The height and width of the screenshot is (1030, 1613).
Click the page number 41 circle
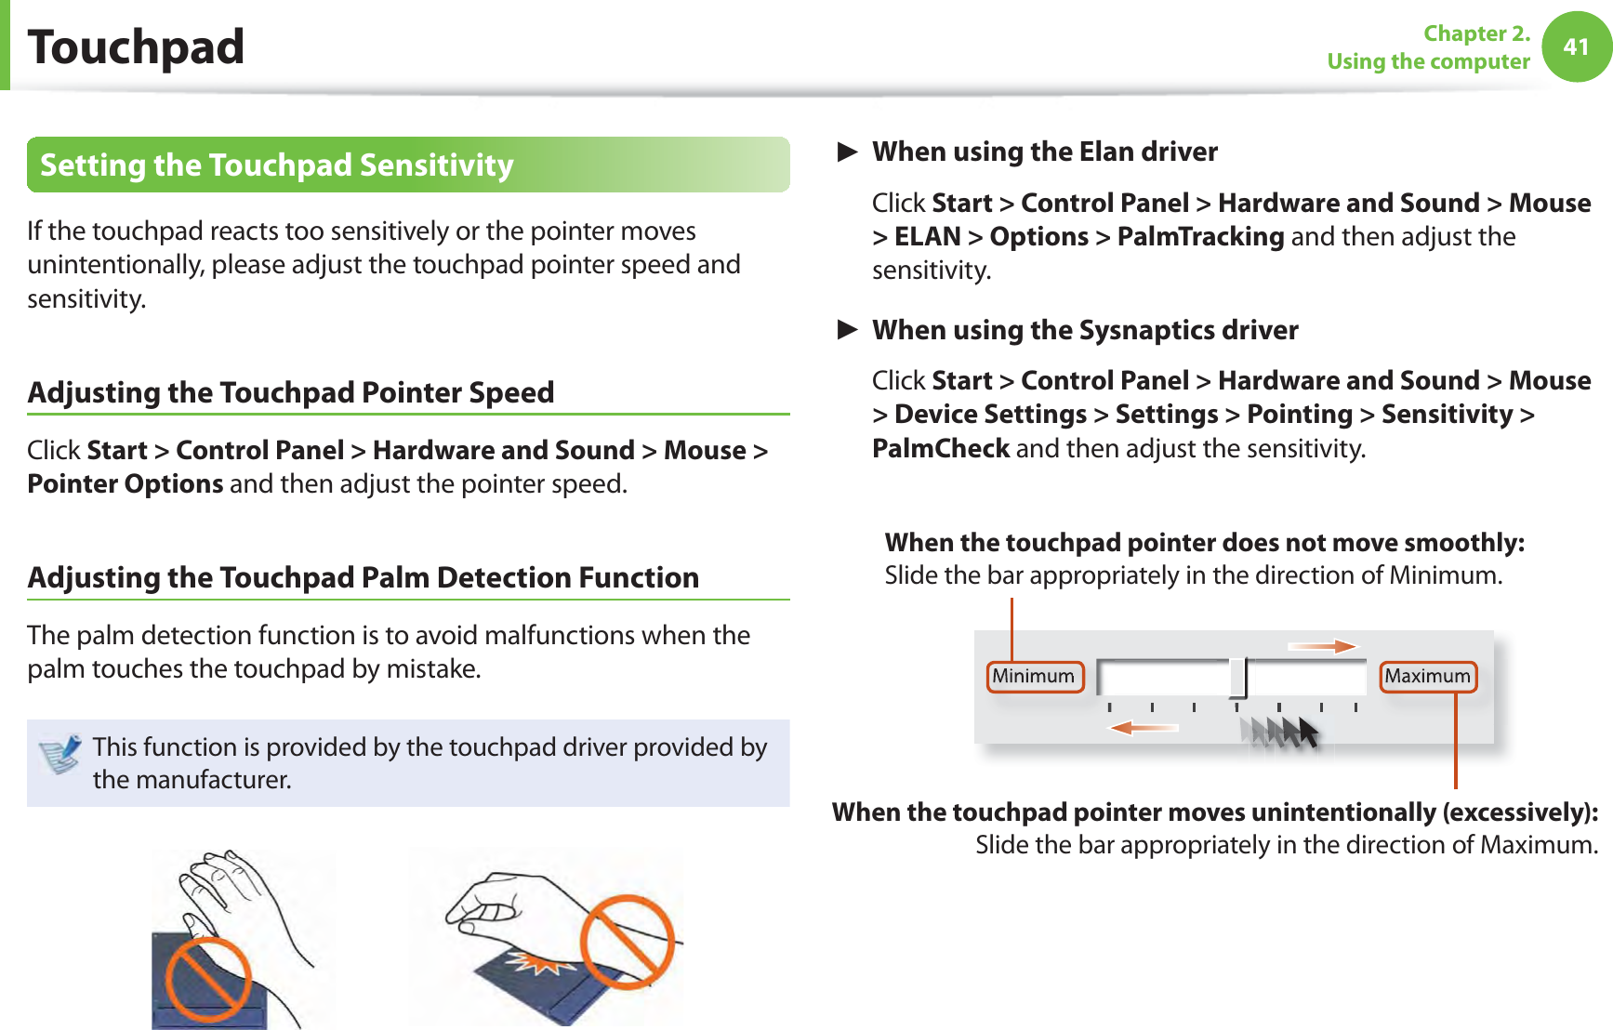point(1576,46)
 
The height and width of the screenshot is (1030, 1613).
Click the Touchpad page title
point(136,46)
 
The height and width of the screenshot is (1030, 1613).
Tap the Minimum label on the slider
point(1034,676)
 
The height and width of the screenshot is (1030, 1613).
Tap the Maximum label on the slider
point(1427,676)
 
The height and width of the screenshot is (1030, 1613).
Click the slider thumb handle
point(1237,677)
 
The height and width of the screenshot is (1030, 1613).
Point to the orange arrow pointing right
point(1322,646)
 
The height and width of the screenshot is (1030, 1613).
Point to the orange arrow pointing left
point(1144,727)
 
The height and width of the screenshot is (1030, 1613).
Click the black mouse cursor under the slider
point(1307,733)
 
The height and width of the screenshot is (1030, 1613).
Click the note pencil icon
point(60,753)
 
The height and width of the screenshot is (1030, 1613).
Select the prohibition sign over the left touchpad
point(208,979)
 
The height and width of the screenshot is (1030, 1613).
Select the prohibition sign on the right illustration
point(628,941)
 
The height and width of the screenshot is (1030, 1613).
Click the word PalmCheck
point(940,448)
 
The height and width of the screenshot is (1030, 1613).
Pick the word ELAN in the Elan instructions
point(927,237)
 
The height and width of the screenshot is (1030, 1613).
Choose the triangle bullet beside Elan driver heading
point(846,152)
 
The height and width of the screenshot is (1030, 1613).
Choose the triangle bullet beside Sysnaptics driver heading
point(846,330)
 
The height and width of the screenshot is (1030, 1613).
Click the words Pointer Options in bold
point(126,484)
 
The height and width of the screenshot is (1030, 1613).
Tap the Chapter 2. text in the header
point(1476,33)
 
